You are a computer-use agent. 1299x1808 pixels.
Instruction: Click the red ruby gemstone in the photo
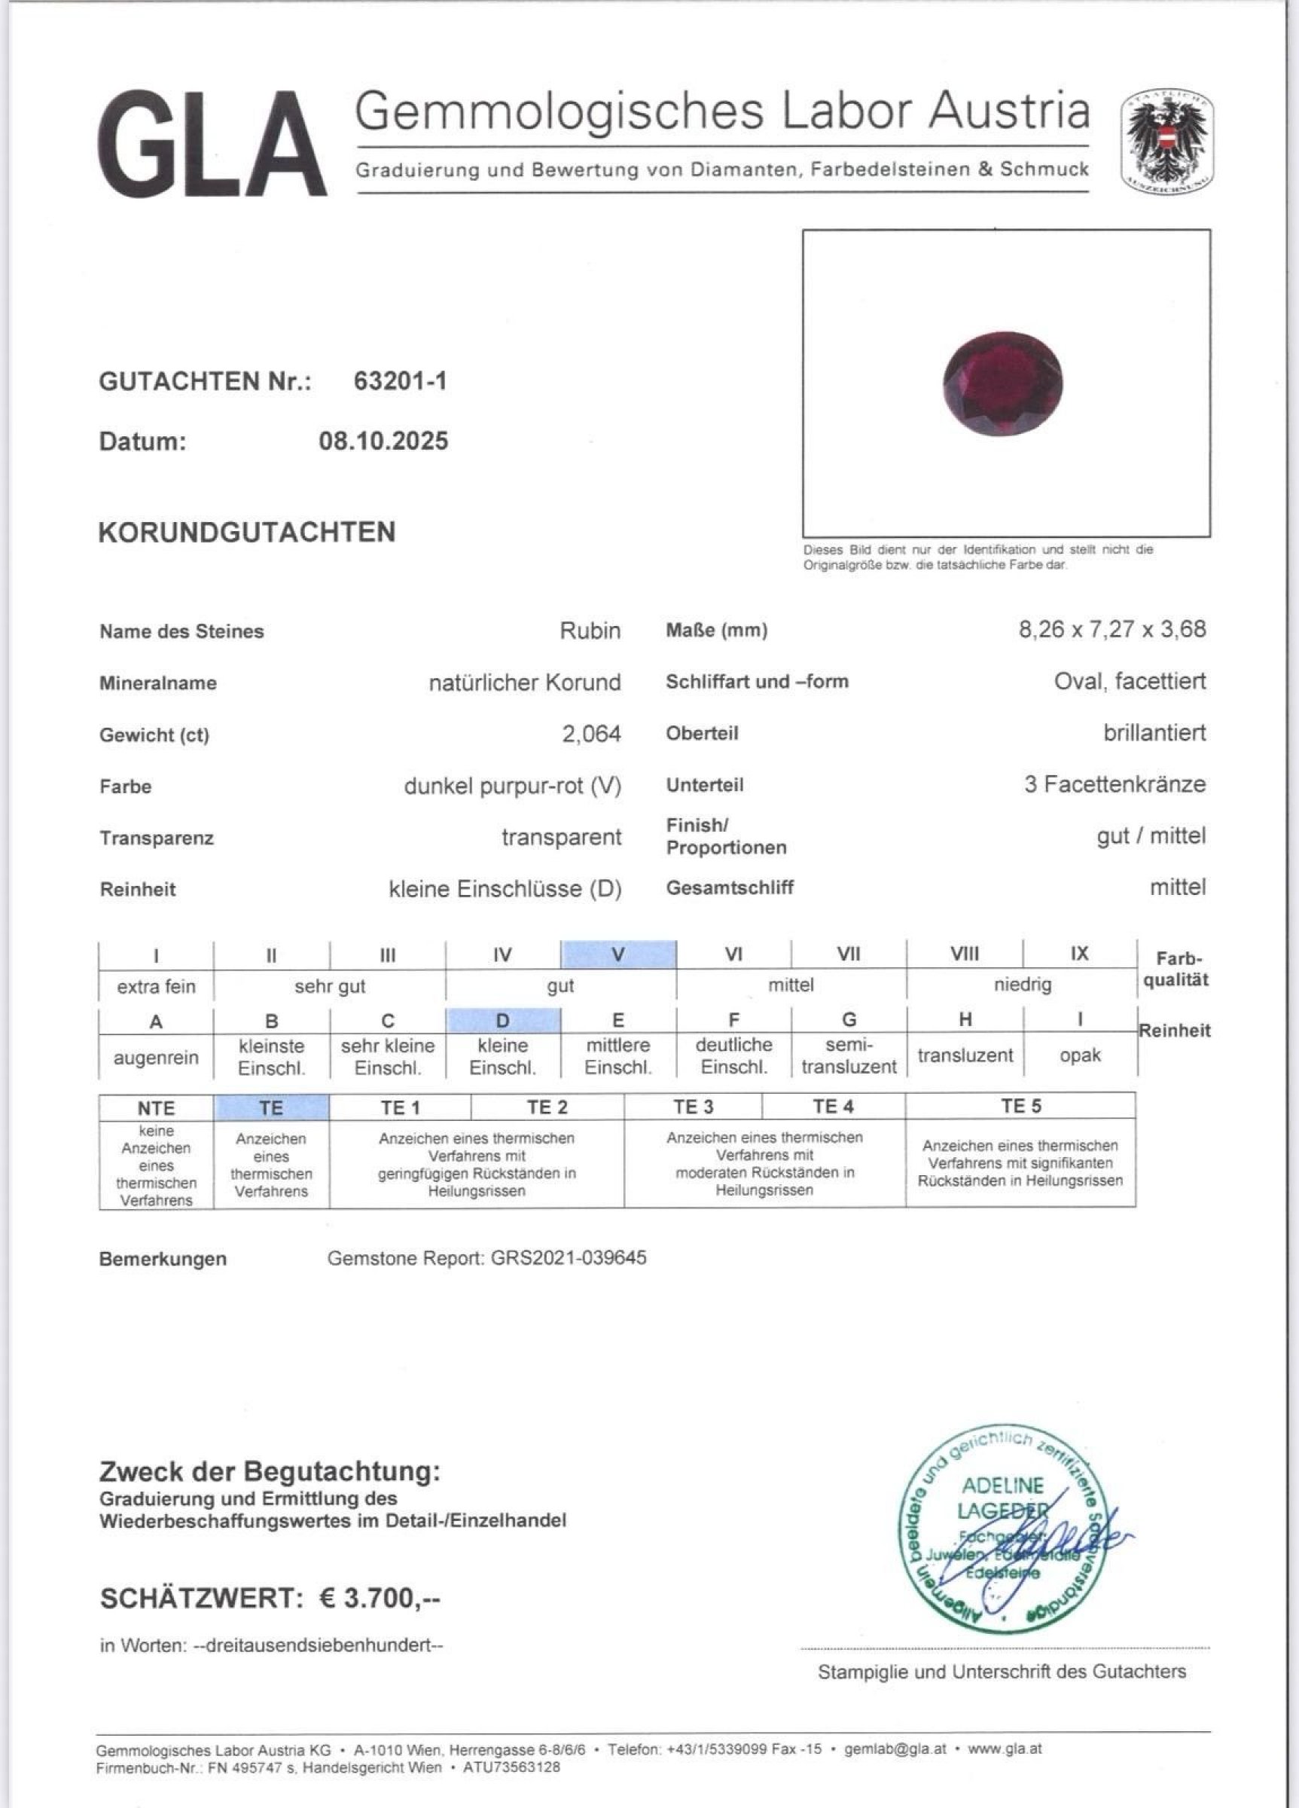click(1002, 383)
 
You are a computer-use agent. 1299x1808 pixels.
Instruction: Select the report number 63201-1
click(400, 381)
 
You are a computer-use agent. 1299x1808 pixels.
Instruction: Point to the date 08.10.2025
click(383, 441)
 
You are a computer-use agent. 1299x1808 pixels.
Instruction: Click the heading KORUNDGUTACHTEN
click(247, 533)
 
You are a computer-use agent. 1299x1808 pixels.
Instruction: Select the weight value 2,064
click(591, 734)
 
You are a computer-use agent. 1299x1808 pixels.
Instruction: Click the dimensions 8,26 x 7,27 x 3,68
click(1111, 630)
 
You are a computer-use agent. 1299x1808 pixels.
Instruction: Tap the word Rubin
click(590, 631)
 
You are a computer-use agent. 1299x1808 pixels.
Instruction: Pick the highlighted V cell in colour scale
click(618, 954)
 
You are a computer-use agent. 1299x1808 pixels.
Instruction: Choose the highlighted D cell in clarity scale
click(503, 1020)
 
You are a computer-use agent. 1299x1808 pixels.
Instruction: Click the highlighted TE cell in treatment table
click(271, 1107)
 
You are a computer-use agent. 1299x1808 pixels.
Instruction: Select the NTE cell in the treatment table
click(156, 1108)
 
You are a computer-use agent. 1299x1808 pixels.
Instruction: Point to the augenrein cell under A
click(156, 1058)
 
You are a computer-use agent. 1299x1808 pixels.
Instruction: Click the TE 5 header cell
click(1021, 1107)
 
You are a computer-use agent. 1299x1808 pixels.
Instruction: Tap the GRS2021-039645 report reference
click(569, 1258)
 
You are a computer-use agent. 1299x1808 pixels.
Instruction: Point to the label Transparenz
click(157, 838)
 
